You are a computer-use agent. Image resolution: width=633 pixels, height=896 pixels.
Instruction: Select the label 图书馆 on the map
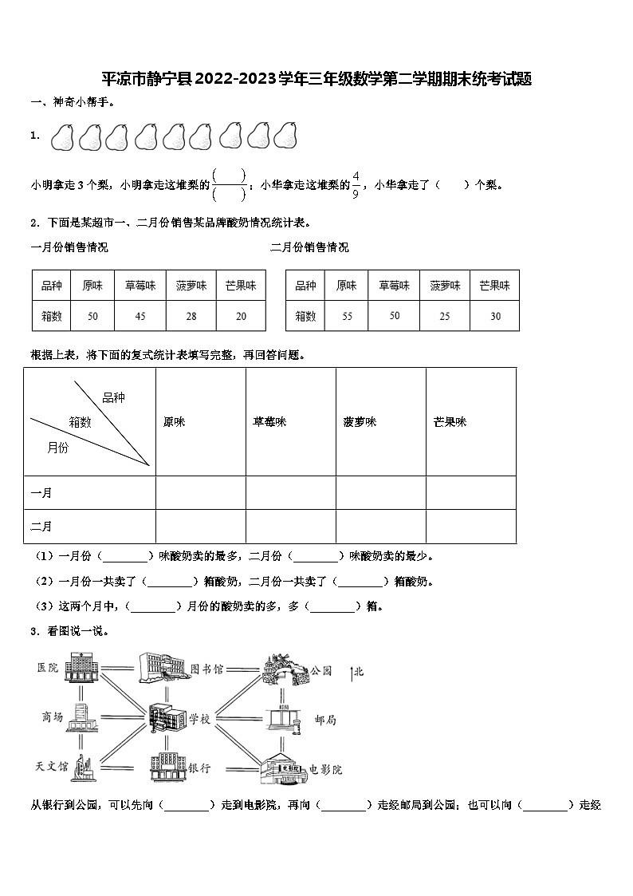[x=206, y=669]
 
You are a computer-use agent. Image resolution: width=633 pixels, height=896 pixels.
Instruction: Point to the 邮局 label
[x=325, y=720]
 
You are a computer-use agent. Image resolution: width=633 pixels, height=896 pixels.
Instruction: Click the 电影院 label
[x=325, y=770]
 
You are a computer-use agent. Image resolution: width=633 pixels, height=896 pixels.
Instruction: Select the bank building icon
[x=166, y=767]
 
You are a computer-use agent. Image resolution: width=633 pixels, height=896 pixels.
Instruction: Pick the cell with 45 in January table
[x=140, y=317]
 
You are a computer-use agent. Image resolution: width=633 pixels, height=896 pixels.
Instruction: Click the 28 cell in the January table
[x=191, y=317]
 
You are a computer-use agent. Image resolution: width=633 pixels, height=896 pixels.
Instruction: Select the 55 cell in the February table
[x=347, y=317]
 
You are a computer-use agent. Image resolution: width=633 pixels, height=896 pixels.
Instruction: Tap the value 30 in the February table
[x=495, y=317]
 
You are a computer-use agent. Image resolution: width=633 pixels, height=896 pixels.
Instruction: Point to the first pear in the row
[x=62, y=136]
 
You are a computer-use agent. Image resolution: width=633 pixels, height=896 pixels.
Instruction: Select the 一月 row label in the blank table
[x=41, y=493]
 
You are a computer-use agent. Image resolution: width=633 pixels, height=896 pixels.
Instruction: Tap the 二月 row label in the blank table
[x=41, y=527]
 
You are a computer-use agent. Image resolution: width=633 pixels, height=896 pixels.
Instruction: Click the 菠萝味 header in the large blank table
[x=360, y=422]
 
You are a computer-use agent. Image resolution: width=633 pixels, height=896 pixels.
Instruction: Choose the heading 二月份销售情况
[x=309, y=247]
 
